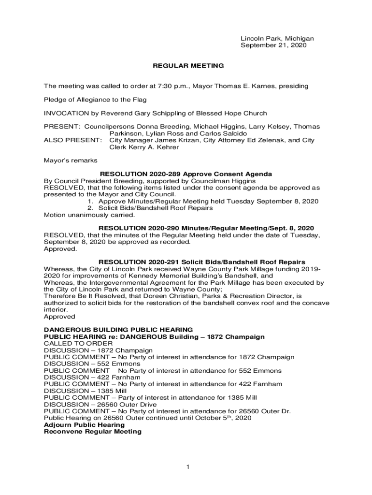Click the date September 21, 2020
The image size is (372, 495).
click(x=274, y=45)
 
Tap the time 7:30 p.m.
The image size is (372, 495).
click(x=172, y=86)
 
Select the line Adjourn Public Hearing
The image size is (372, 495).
click(x=85, y=425)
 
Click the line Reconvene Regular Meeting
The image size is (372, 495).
click(x=93, y=432)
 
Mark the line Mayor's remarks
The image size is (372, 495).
click(x=71, y=160)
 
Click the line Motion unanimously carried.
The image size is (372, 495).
click(x=89, y=215)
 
